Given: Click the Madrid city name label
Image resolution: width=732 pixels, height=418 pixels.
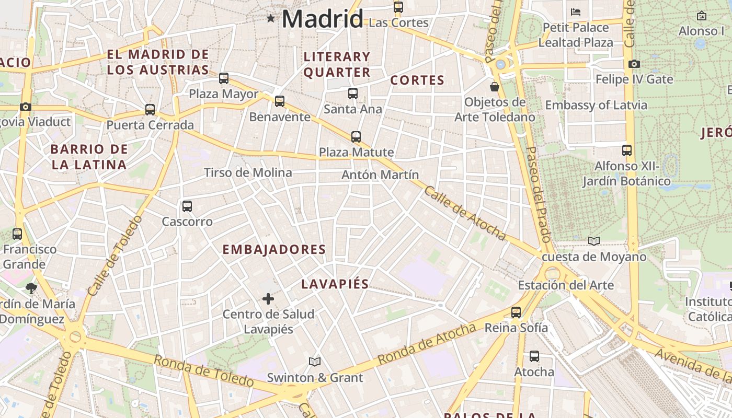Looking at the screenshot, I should [x=322, y=19].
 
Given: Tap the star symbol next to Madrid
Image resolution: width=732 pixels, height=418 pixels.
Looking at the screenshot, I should [x=270, y=19].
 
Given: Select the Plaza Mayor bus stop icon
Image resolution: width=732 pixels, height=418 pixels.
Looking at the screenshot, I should [x=224, y=78].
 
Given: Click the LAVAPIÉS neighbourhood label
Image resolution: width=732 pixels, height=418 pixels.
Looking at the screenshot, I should [x=335, y=284].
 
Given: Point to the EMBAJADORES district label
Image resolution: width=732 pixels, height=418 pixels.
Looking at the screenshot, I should [x=274, y=250].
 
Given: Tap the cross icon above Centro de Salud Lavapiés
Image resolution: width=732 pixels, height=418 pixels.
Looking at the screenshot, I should [x=268, y=299].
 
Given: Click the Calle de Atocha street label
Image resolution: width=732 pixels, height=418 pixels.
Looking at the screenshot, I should [x=465, y=214].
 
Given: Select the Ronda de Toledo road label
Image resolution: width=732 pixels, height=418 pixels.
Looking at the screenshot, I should [x=203, y=371].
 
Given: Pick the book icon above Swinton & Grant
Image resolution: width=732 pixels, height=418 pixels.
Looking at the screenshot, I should [x=315, y=362].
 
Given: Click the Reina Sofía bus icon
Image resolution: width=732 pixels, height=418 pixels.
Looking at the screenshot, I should [x=516, y=312].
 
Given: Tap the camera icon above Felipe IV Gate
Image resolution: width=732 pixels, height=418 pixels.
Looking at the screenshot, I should [x=634, y=64].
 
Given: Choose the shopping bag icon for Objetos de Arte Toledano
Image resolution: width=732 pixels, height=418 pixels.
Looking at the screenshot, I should [x=495, y=86].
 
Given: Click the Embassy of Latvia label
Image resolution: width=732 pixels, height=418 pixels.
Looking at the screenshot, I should [x=596, y=105].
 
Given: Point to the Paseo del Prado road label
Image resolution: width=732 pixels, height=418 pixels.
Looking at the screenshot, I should [x=539, y=194].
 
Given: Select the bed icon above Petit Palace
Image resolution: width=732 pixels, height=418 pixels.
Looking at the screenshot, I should [x=576, y=11].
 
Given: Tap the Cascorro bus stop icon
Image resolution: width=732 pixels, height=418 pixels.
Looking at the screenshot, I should [x=187, y=206].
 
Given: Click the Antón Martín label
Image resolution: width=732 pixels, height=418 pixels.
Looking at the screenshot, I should [x=380, y=175].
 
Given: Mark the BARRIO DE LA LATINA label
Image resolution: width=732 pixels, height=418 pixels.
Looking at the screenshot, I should [x=89, y=157].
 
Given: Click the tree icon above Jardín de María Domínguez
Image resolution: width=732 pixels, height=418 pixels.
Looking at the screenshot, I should [x=31, y=288].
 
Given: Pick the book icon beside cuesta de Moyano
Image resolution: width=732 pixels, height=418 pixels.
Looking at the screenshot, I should [x=593, y=241].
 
